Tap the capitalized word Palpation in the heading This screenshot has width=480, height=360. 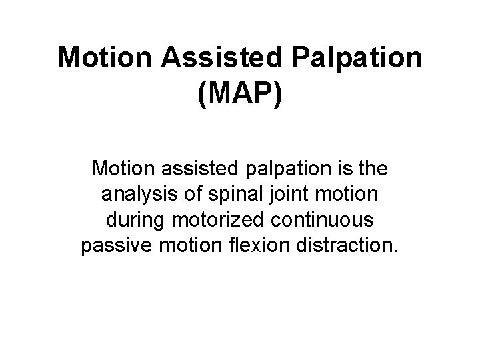pyautogui.click(x=359, y=59)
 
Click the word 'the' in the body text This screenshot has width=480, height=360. pyautogui.click(x=373, y=169)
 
